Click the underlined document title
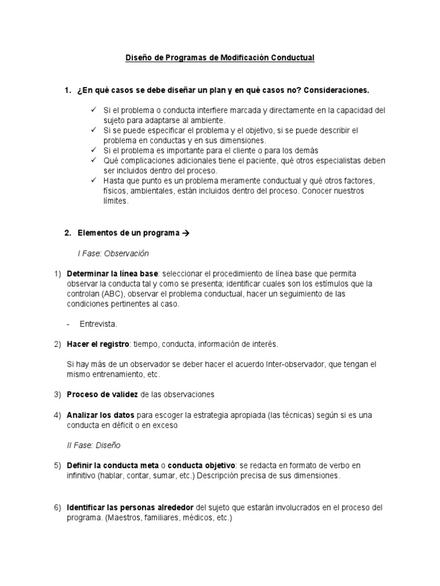(220, 58)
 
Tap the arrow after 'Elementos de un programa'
(185, 233)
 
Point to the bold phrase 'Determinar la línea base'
(112, 274)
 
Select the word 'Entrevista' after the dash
(98, 324)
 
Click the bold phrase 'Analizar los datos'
(100, 414)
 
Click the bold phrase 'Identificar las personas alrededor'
(130, 508)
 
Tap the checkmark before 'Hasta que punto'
(95, 180)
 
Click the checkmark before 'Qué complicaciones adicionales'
(95, 160)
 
